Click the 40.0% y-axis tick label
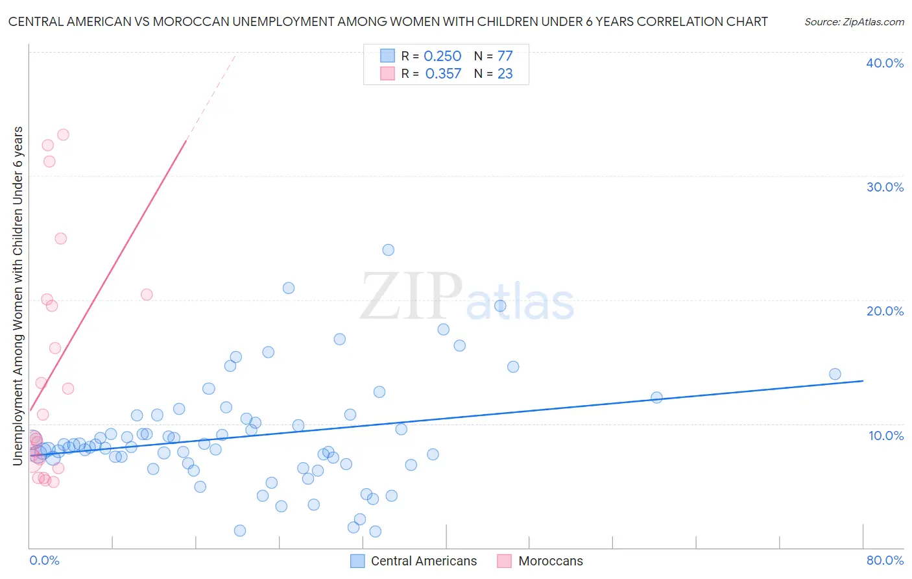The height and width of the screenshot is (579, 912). [884, 63]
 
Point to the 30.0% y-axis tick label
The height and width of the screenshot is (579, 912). [884, 187]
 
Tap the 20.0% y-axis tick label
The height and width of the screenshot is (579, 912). [884, 311]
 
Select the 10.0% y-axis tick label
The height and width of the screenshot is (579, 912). [885, 436]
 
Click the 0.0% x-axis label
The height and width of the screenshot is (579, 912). [44, 560]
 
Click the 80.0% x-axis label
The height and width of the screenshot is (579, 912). [885, 560]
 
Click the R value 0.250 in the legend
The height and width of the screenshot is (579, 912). [442, 56]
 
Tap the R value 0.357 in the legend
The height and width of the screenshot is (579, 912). [443, 74]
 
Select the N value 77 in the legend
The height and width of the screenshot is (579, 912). [505, 56]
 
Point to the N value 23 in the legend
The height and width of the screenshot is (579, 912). [505, 74]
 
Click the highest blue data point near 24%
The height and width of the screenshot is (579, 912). [388, 250]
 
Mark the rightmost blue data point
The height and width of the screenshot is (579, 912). [835, 374]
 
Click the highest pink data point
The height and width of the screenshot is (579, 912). [63, 135]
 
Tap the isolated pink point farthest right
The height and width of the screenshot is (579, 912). [147, 295]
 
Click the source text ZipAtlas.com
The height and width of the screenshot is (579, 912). [854, 22]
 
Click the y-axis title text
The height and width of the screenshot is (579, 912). [18, 295]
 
